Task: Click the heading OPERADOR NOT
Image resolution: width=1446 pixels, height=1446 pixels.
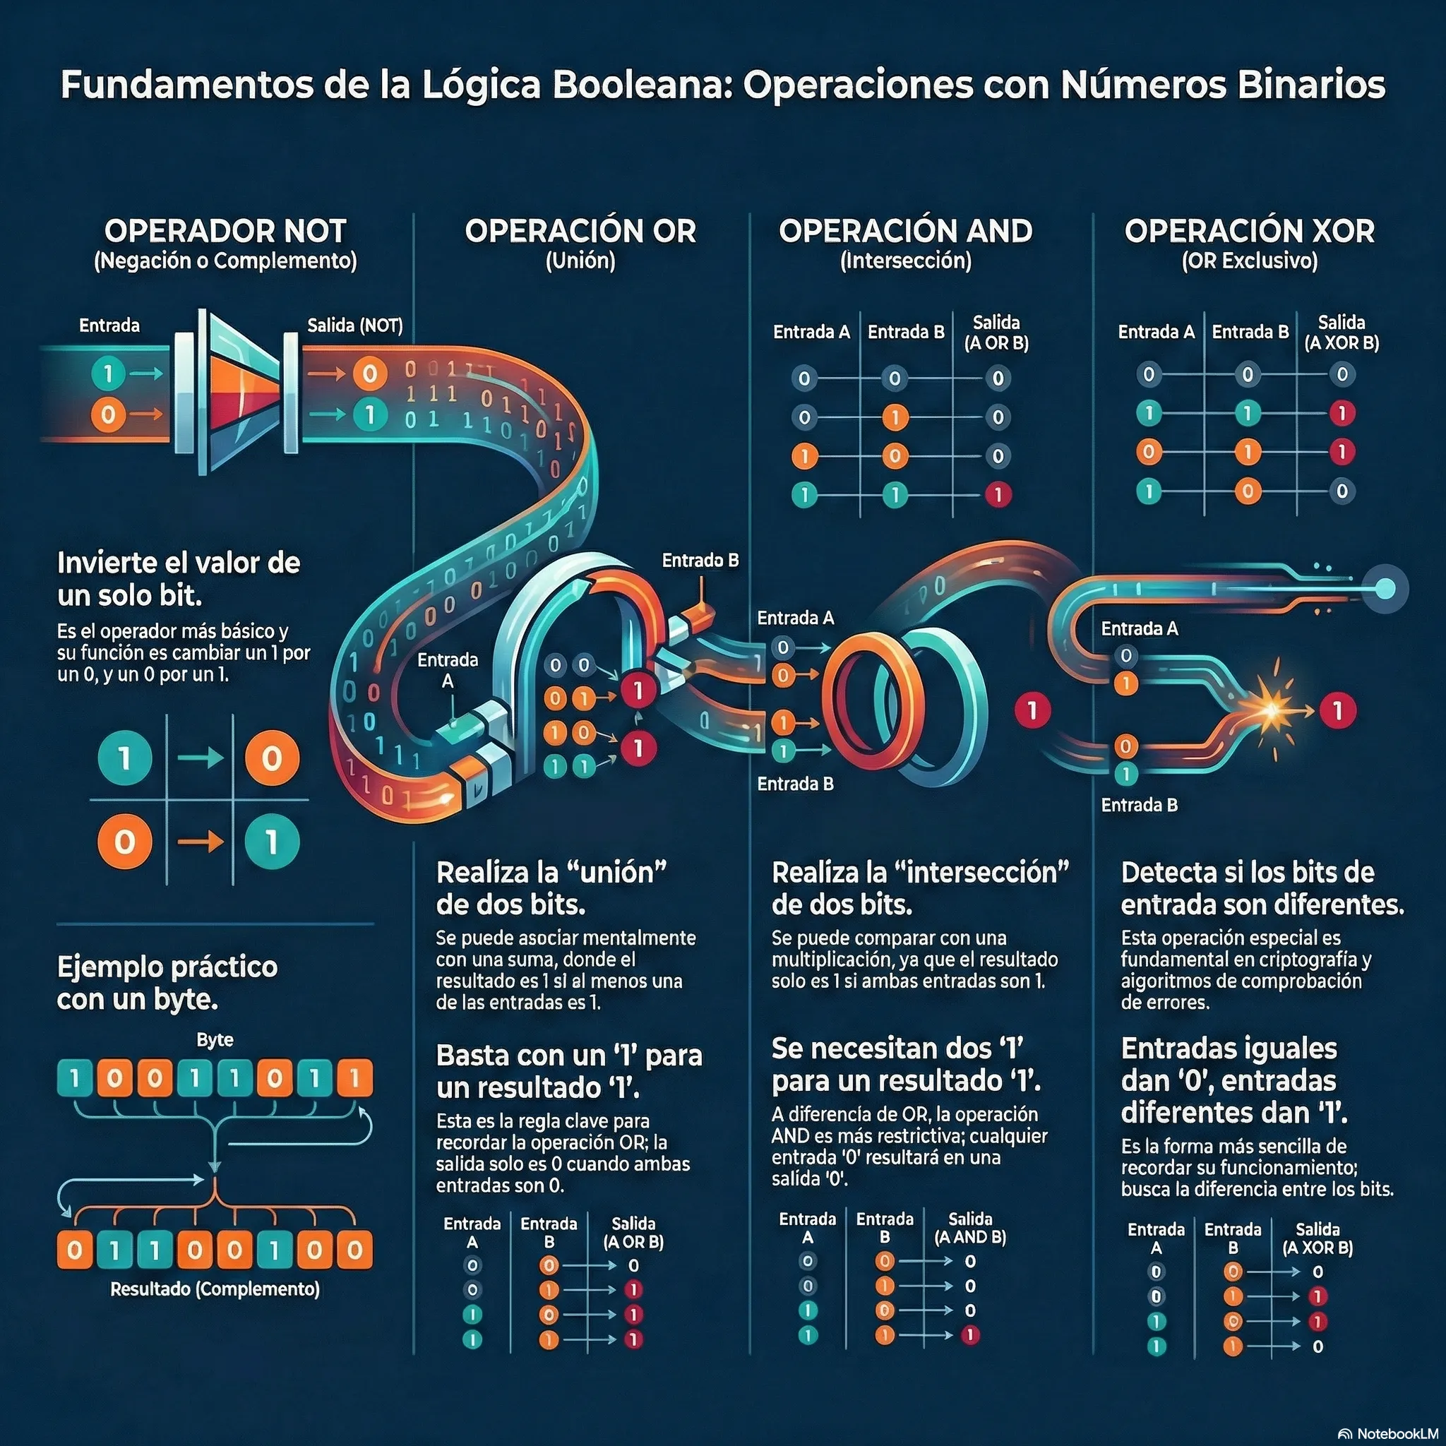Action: pyautogui.click(x=225, y=230)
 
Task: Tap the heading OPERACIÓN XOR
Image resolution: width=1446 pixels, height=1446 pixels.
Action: pyautogui.click(x=1249, y=230)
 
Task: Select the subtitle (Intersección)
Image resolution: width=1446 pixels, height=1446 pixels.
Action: pyautogui.click(x=906, y=261)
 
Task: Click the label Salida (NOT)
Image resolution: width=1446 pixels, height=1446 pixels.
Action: pyautogui.click(x=354, y=325)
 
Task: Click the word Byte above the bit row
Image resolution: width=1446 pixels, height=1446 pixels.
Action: pyautogui.click(x=215, y=1039)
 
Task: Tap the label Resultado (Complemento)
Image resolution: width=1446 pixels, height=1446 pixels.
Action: pyautogui.click(x=215, y=1289)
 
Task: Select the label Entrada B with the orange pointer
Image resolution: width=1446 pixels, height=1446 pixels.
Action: pyautogui.click(x=700, y=560)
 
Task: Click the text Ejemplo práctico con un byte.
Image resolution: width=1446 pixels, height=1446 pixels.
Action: pyautogui.click(x=167, y=983)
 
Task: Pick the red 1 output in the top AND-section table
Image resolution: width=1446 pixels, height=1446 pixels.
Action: pyautogui.click(x=998, y=494)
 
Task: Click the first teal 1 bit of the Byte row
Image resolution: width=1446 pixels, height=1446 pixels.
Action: pyautogui.click(x=75, y=1079)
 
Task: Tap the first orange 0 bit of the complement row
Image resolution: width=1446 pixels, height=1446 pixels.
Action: pyautogui.click(x=75, y=1249)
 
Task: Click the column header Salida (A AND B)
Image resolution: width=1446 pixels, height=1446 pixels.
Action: pyautogui.click(x=970, y=1229)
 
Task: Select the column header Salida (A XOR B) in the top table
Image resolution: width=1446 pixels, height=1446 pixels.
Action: pyautogui.click(x=1342, y=333)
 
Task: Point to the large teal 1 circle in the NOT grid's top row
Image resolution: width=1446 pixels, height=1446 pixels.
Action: pyautogui.click(x=125, y=758)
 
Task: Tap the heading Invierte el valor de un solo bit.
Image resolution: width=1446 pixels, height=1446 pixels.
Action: pyautogui.click(x=178, y=578)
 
